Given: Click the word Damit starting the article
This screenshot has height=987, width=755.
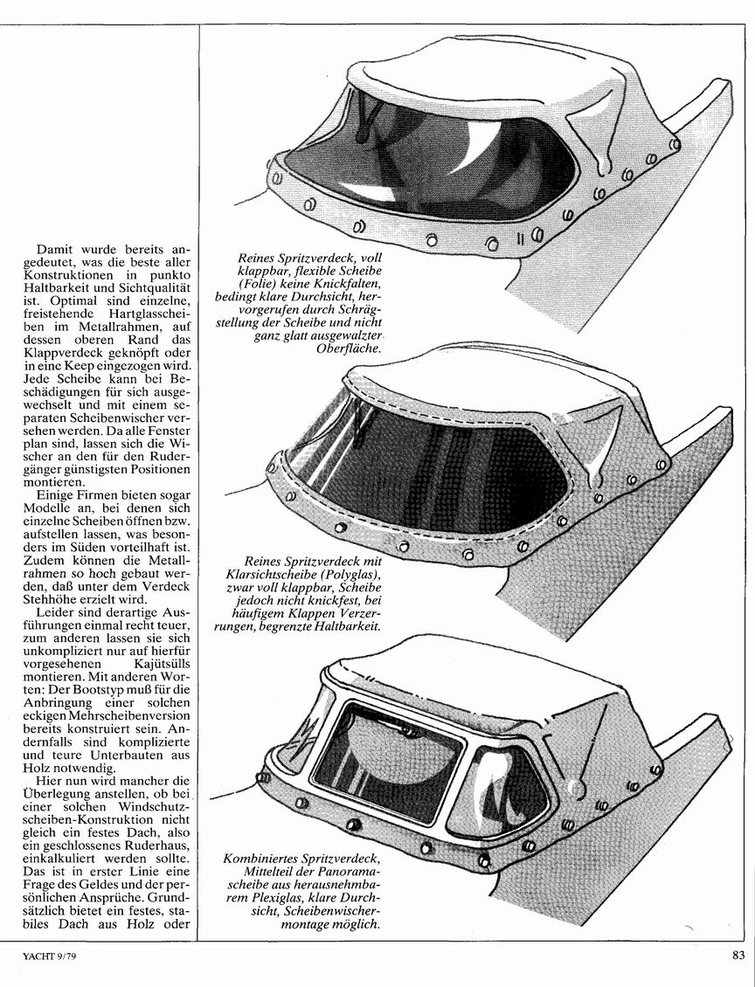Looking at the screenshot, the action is click(x=55, y=248).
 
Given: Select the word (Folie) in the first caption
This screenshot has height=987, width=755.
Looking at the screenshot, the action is click(x=256, y=282).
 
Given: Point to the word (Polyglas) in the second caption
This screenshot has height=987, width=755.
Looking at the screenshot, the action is click(x=350, y=575).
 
